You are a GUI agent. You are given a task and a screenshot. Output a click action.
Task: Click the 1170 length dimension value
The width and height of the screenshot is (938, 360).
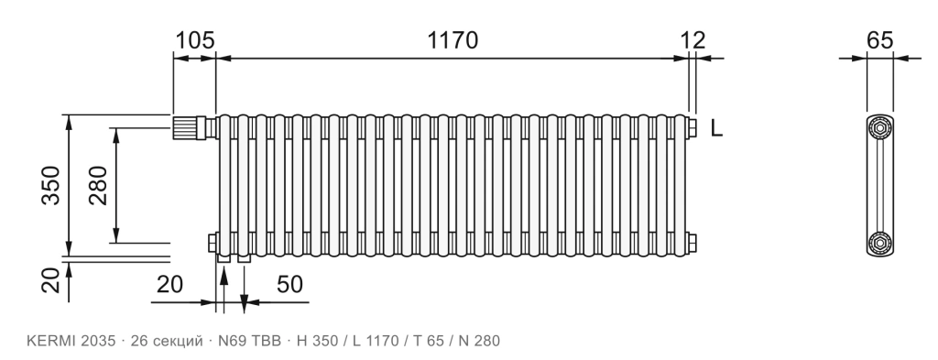tap(453, 40)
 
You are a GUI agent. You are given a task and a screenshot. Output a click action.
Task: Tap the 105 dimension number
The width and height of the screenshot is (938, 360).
tap(194, 40)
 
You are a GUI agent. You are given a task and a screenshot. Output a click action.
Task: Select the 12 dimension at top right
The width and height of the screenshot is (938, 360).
tap(693, 40)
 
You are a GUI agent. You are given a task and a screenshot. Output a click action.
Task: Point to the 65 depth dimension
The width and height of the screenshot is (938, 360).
tap(880, 40)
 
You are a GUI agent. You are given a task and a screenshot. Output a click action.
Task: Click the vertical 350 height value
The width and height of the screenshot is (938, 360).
tap(51, 185)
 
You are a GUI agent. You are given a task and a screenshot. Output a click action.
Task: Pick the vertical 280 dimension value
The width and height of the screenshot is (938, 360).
tap(98, 185)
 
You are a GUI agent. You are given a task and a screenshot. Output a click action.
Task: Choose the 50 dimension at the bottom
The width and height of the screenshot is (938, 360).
tap(289, 285)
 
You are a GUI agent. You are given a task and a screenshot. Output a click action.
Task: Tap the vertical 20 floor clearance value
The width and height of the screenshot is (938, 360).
tap(51, 279)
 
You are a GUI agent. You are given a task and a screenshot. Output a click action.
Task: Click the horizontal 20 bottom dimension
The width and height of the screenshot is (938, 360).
tap(169, 285)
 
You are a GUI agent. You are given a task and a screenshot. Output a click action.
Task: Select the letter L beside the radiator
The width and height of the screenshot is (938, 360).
tap(716, 128)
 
